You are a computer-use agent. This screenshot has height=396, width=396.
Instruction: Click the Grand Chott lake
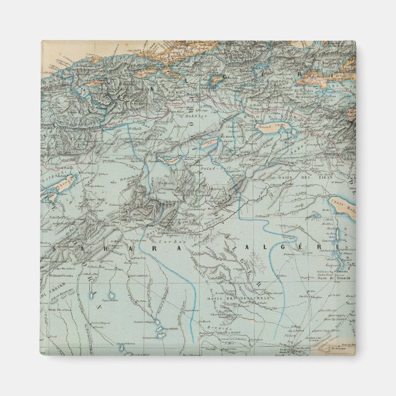[275, 131]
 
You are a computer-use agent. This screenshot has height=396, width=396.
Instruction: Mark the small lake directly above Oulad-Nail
[210, 143]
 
